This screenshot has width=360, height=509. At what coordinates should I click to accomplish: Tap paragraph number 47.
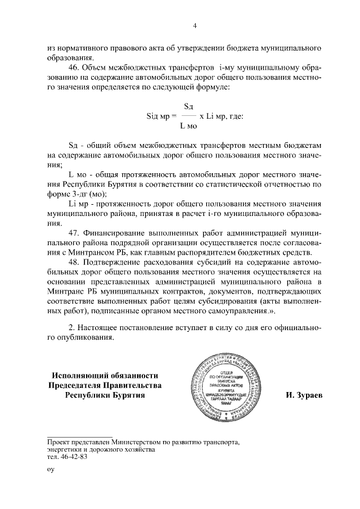(x=73, y=232)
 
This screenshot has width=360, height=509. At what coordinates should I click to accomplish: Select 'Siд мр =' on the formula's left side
(x=161, y=116)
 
